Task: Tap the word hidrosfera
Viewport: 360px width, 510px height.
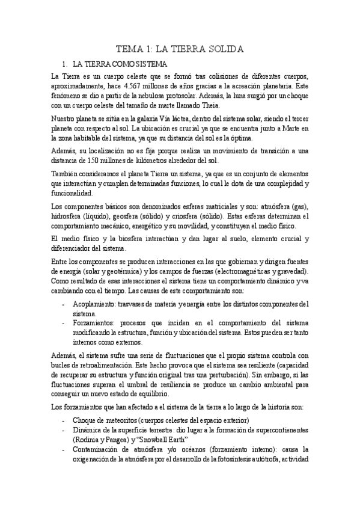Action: pyautogui.click(x=67, y=216)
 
